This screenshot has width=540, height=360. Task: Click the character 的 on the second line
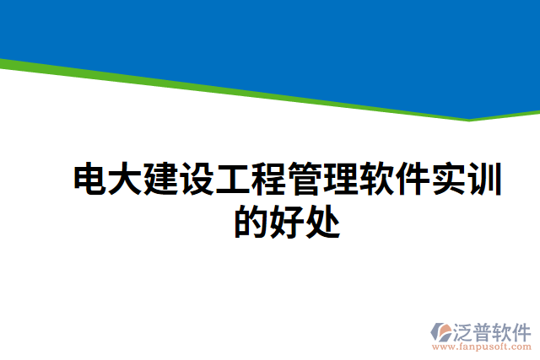[251, 221]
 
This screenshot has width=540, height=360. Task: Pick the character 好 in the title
[287, 221]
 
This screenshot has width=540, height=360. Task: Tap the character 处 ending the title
[322, 221]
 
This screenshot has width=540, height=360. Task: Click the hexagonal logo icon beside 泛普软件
[444, 331]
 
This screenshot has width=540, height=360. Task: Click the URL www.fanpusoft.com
[482, 346]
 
